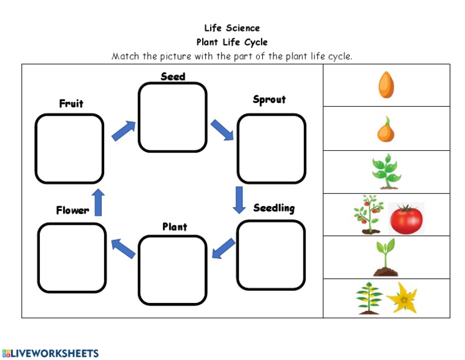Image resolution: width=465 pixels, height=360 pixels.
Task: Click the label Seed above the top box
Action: pos(173,76)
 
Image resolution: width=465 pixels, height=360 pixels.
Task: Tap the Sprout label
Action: pos(269,99)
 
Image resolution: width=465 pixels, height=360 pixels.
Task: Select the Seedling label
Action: pos(274,208)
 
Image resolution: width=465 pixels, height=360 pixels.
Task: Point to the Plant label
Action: pos(174,227)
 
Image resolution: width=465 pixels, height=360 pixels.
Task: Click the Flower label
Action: pos(73,210)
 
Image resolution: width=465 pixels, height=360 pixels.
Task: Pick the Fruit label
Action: pos(71,104)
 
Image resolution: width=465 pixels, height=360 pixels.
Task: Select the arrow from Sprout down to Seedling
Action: pos(239,199)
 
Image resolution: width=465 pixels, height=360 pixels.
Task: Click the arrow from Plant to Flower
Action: pos(123,248)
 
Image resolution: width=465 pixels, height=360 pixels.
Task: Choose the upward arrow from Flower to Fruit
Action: pos(99,202)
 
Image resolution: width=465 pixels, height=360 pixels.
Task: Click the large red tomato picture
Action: pos(406,219)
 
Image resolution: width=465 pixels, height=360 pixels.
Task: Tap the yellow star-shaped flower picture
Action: pos(401,297)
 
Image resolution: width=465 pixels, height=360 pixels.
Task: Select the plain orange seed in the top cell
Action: pos(386,85)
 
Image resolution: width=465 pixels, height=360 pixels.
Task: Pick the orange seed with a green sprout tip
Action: pos(386,129)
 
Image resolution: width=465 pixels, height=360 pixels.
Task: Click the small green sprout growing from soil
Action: pos(385,258)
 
